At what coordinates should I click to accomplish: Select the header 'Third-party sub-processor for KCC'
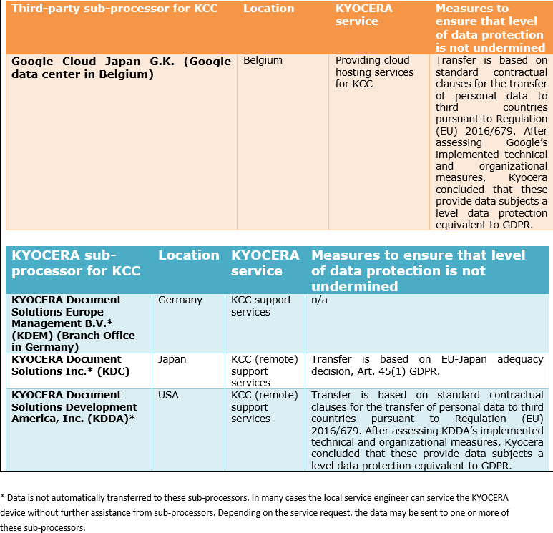[114, 9]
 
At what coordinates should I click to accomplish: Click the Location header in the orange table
[268, 9]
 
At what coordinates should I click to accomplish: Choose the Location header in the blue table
[189, 255]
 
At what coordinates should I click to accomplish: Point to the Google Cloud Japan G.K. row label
[121, 67]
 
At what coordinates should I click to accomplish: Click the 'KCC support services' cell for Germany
[261, 306]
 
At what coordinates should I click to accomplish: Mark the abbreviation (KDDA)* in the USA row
[110, 419]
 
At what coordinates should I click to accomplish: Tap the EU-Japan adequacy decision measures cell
[427, 365]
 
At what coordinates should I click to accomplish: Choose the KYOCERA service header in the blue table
[265, 263]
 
